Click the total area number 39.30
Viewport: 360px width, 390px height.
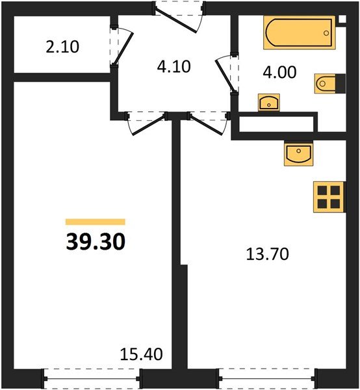click(x=95, y=242)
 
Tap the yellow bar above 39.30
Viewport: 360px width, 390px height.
click(x=95, y=222)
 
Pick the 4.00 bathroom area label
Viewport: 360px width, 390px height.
click(x=279, y=71)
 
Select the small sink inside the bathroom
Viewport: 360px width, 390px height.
click(x=268, y=102)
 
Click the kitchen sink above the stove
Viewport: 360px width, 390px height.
click(x=298, y=154)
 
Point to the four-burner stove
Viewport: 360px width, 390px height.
click(x=328, y=196)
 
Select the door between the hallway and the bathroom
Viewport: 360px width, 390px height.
click(x=227, y=73)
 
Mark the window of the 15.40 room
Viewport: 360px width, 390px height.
click(x=92, y=376)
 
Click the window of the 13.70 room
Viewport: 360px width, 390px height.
click(x=266, y=376)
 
